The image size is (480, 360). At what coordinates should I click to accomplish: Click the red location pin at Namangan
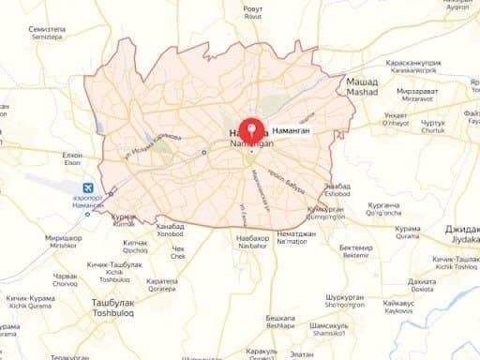[x=250, y=130]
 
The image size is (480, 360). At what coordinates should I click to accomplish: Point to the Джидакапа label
[x=462, y=228]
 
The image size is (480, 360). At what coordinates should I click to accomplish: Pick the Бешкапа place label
[x=280, y=318]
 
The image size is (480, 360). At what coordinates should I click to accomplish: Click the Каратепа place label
[x=162, y=280]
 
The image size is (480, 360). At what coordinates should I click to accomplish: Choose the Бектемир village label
[x=356, y=248]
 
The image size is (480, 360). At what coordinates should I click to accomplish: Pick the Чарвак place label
[x=66, y=276]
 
